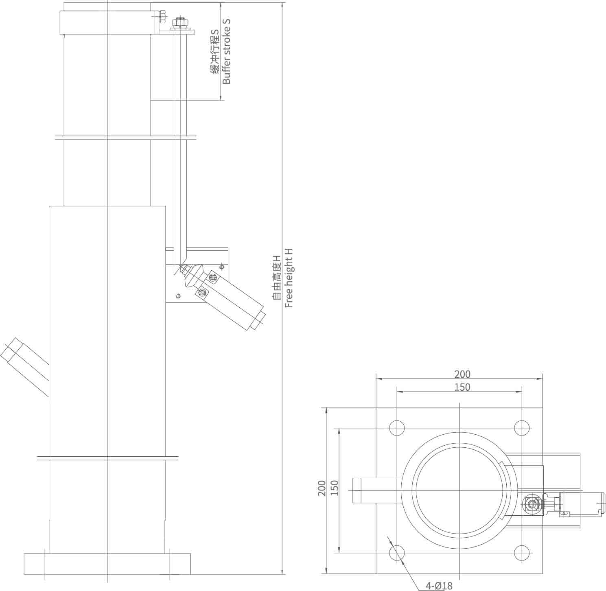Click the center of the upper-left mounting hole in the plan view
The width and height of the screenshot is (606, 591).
coord(397,428)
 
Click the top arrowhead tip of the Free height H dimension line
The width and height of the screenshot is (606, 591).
coord(282,2)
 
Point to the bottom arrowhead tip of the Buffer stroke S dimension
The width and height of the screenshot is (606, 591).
coord(221,100)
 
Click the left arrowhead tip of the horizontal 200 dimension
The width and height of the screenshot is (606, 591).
coord(376,379)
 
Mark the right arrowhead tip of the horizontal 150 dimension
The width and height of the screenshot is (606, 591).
coord(522,392)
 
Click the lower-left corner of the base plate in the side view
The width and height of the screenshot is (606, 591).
coord(24,574)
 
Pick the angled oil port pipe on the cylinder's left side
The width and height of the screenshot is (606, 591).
coord(24,368)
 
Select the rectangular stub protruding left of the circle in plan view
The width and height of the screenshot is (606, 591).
coord(377,490)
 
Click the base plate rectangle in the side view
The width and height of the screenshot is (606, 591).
coord(107,564)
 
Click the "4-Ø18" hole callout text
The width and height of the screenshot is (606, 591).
coord(439,586)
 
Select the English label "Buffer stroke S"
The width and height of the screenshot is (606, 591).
coord(226,51)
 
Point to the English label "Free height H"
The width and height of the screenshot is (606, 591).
coord(289,278)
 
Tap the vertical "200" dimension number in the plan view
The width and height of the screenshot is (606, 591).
coord(322,488)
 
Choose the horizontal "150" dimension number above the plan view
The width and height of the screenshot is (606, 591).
coord(462,387)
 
